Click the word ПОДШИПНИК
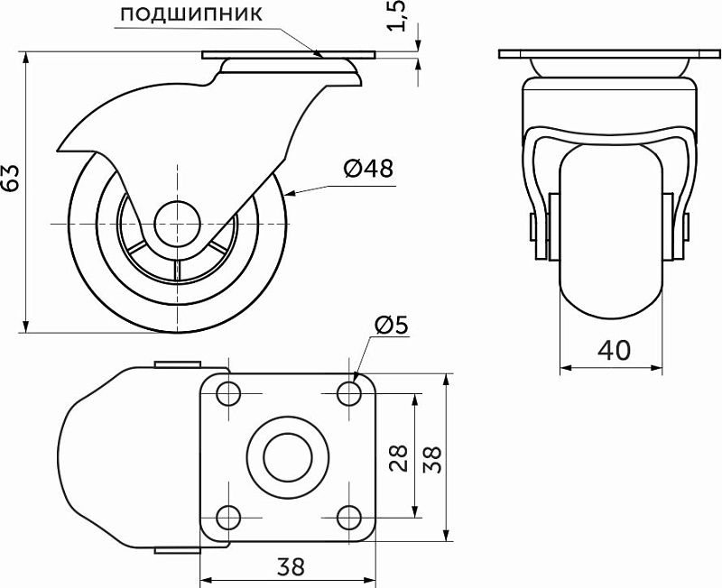[x=191, y=14]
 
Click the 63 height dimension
[x=10, y=178]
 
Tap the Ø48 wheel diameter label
[x=369, y=169]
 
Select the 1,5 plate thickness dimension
[x=396, y=15]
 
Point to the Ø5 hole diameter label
[x=392, y=326]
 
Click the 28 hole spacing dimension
[x=399, y=458]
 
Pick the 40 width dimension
[x=614, y=351]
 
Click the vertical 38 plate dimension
[x=432, y=459]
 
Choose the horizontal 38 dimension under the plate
[x=291, y=566]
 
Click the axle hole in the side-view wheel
[x=177, y=224]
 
